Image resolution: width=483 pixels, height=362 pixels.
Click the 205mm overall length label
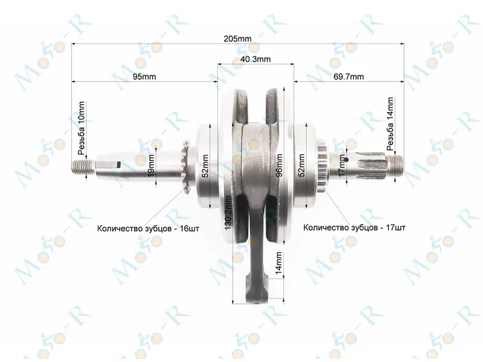(x=237, y=39)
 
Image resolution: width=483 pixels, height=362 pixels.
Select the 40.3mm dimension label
(x=255, y=59)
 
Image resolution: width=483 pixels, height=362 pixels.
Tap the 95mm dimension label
(x=144, y=77)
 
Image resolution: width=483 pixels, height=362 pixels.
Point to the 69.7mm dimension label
(x=348, y=77)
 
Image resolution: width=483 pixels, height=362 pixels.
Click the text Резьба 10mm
(x=82, y=128)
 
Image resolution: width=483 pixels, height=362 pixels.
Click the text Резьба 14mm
(x=390, y=124)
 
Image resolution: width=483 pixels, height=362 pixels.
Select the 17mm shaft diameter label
(x=342, y=166)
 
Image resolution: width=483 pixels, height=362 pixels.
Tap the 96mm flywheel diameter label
(x=279, y=165)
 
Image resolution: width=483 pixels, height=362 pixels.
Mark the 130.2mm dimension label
(x=228, y=213)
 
